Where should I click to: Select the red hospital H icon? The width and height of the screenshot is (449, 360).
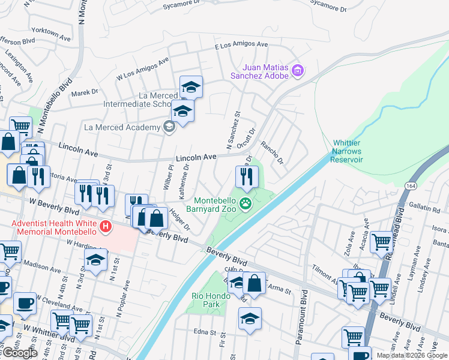[x=106, y=227]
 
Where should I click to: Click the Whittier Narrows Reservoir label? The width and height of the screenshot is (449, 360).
[x=348, y=151]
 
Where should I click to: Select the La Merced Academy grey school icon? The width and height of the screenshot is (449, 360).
[x=169, y=127]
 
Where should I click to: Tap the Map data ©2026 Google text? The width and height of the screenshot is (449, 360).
[x=412, y=355]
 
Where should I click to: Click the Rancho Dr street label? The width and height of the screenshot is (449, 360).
[x=271, y=153]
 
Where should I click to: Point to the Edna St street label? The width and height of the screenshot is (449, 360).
[x=205, y=331]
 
